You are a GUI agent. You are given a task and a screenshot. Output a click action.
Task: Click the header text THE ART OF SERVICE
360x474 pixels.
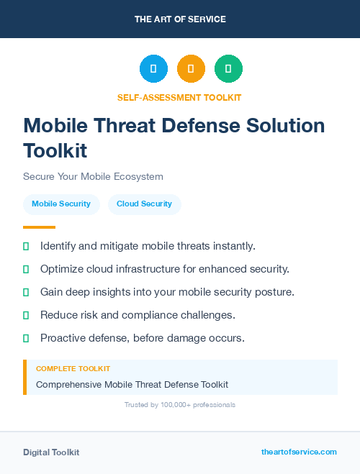point(180,19)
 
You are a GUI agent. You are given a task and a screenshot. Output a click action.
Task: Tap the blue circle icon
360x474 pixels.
point(153,69)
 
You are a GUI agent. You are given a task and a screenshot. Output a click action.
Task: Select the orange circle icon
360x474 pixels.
point(191,69)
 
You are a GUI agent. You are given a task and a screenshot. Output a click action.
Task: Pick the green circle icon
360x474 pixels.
point(228,69)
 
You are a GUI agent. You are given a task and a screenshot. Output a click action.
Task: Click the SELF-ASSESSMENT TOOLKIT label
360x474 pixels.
point(179,97)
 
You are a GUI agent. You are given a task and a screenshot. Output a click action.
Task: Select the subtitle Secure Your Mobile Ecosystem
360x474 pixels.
point(93,176)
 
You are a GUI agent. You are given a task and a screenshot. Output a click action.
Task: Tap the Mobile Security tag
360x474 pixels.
point(61,204)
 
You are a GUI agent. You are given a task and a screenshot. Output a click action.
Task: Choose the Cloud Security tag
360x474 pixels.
point(144,204)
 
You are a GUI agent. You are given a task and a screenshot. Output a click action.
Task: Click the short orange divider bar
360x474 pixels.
point(39,227)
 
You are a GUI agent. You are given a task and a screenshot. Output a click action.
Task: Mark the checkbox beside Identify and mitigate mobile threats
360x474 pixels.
point(26,246)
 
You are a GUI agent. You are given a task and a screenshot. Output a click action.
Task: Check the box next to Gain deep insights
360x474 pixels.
point(26,292)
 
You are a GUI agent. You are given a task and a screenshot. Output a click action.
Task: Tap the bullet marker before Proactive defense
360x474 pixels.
point(26,338)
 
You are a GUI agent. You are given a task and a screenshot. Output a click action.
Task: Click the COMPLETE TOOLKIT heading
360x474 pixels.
point(73,369)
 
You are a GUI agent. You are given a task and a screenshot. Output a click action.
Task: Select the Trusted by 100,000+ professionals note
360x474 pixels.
point(180,405)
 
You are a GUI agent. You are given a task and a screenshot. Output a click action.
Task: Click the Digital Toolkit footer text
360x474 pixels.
point(51,452)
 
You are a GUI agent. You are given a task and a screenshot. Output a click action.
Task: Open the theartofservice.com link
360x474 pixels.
point(299,452)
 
